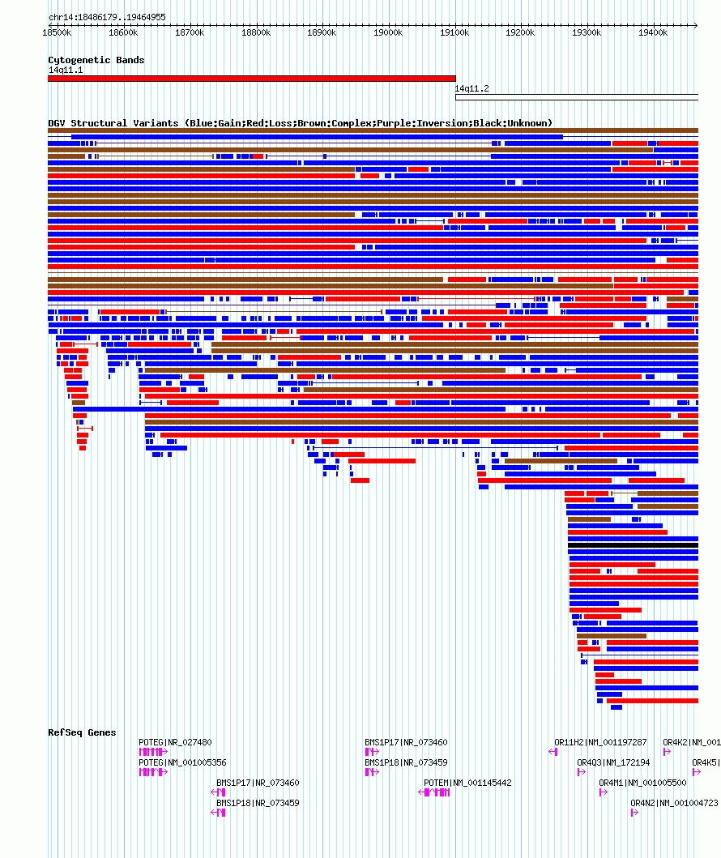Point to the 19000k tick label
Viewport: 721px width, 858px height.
(388, 32)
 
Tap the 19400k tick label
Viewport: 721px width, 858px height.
(652, 32)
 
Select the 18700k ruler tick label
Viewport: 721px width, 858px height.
(190, 32)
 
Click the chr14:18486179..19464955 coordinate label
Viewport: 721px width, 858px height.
(107, 17)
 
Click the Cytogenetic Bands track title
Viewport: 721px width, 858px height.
(96, 60)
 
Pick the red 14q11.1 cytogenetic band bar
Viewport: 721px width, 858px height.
(251, 79)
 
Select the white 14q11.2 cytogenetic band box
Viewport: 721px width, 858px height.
(576, 97)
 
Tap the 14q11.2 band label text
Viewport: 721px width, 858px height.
(471, 88)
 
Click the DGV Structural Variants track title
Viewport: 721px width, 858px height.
(300, 123)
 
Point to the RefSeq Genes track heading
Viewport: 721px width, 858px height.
(82, 732)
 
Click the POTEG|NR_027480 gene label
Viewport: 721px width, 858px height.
(175, 742)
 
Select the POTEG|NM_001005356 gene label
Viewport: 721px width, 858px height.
(182, 762)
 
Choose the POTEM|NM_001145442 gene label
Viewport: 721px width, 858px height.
(467, 783)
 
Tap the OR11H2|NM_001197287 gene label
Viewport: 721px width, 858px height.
(600, 742)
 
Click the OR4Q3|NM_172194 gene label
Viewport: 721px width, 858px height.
(613, 762)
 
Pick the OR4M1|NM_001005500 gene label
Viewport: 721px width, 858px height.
(642, 783)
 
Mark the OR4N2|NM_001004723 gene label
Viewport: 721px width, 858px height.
(674, 803)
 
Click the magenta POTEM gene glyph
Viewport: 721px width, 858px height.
(437, 792)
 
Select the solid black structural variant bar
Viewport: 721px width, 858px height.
(633, 545)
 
